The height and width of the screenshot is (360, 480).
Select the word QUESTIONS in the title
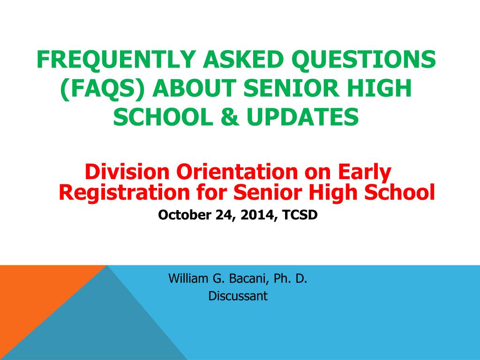[x=363, y=60]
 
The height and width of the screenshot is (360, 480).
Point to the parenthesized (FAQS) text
[x=102, y=89]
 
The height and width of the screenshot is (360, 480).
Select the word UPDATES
[x=302, y=117]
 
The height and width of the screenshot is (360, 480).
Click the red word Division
[x=127, y=172]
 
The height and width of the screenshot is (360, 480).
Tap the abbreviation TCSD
[x=300, y=215]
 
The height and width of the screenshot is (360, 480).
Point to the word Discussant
[x=238, y=296]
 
